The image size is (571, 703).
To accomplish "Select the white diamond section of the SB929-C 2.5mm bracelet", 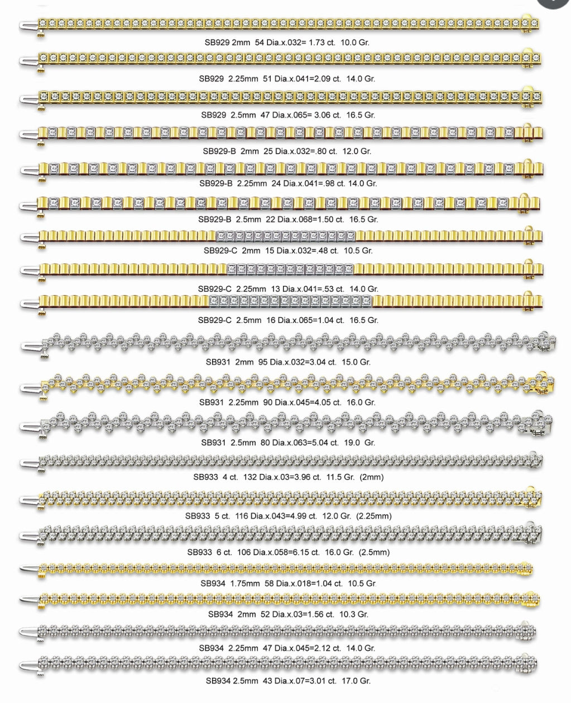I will (290, 302).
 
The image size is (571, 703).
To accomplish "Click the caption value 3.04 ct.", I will (323, 362).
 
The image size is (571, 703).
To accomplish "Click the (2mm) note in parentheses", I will (372, 477).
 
